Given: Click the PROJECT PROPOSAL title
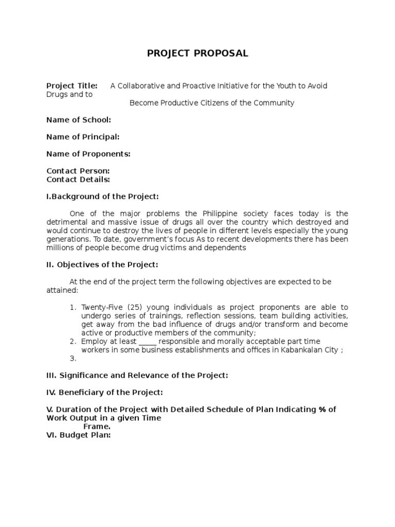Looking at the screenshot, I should (x=197, y=54).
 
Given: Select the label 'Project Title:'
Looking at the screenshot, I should (x=72, y=86).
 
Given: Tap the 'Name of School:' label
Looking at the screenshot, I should (x=78, y=120).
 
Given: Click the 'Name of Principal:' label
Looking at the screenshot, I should (x=83, y=137).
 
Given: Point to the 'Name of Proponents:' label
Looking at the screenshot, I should (x=88, y=154).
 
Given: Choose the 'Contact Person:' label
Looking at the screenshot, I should (x=78, y=171).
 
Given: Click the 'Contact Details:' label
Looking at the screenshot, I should (x=78, y=180).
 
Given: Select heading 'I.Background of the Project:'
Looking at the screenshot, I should (x=102, y=197).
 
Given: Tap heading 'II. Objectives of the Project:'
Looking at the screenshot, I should (x=102, y=265).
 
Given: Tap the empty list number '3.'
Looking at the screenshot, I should (x=73, y=358).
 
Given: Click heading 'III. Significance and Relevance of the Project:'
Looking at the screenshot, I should (x=137, y=376).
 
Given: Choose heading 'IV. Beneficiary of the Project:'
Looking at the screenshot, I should (x=104, y=393).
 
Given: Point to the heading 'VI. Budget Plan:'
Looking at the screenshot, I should (x=79, y=435).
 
